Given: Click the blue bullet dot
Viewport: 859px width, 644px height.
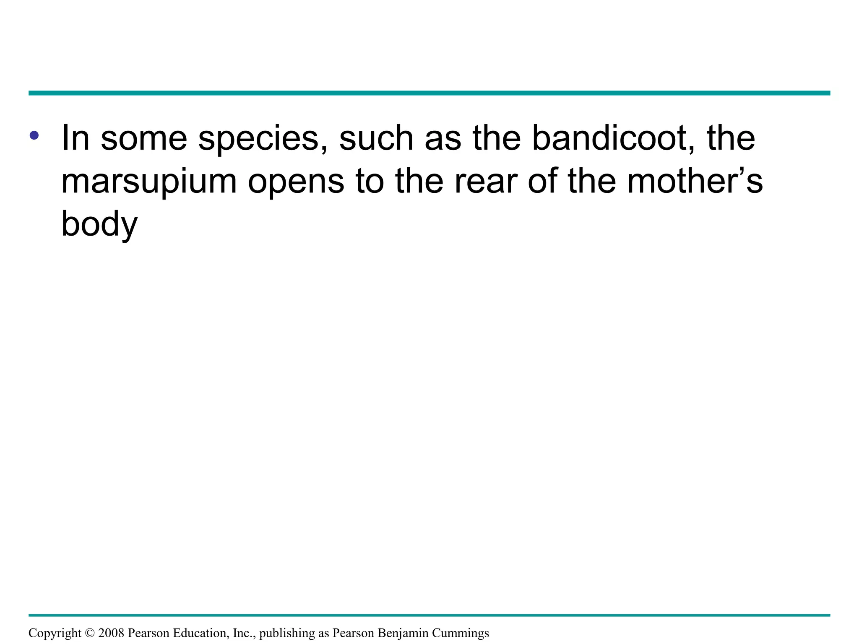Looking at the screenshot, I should tap(34, 135).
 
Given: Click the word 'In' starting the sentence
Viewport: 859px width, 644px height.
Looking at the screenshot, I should tap(75, 138).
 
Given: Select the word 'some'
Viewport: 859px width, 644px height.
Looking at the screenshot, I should tap(144, 138).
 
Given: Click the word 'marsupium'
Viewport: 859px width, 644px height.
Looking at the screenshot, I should tap(149, 182).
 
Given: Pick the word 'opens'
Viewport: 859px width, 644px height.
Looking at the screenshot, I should tap(296, 182).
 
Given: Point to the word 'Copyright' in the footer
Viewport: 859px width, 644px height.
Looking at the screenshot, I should tap(55, 633).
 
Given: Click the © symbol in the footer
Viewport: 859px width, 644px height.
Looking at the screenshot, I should tap(90, 633).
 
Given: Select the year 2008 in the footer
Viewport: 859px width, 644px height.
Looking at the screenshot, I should tap(111, 633).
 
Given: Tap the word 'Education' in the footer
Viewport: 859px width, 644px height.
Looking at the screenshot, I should tap(201, 633).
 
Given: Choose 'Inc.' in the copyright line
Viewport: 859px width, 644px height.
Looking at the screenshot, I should tap(244, 633).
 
